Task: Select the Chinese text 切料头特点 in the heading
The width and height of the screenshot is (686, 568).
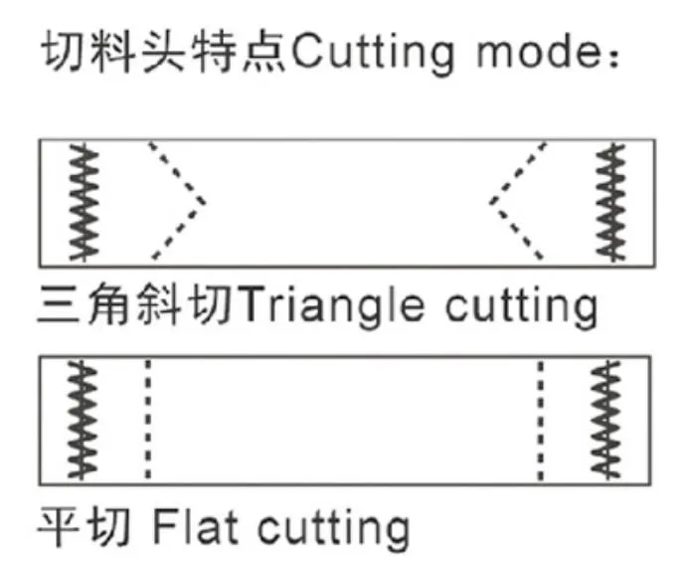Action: coord(165,51)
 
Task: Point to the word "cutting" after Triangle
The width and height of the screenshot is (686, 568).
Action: coord(522,306)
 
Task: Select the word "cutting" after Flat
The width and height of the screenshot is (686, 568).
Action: coord(333,529)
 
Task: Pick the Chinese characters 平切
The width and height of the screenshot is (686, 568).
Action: coord(85,526)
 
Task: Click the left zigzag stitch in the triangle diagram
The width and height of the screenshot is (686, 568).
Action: coord(84,203)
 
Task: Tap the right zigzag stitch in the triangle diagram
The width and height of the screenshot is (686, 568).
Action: coord(611,203)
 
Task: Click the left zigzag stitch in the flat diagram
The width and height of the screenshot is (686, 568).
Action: coord(82,420)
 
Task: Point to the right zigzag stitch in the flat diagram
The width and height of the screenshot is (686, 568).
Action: coord(605,420)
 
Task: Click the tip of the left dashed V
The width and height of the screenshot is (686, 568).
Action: coord(204,202)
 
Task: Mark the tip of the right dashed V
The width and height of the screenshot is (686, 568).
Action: coord(491,202)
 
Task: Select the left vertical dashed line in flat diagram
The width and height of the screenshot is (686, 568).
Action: coord(148,419)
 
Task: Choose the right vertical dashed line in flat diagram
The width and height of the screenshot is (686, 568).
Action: coord(541,420)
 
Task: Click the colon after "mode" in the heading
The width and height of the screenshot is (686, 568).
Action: coord(614,56)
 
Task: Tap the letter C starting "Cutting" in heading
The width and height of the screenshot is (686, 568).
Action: coord(307,50)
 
